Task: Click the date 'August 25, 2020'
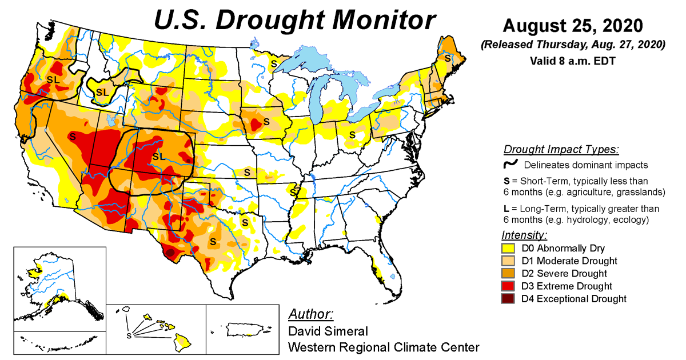point(573,26)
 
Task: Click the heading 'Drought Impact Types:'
point(561,150)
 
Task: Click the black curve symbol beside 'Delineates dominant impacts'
point(510,165)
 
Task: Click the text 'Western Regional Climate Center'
point(383,347)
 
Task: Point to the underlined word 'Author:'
point(311,314)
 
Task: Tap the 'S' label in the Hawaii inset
point(129,335)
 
